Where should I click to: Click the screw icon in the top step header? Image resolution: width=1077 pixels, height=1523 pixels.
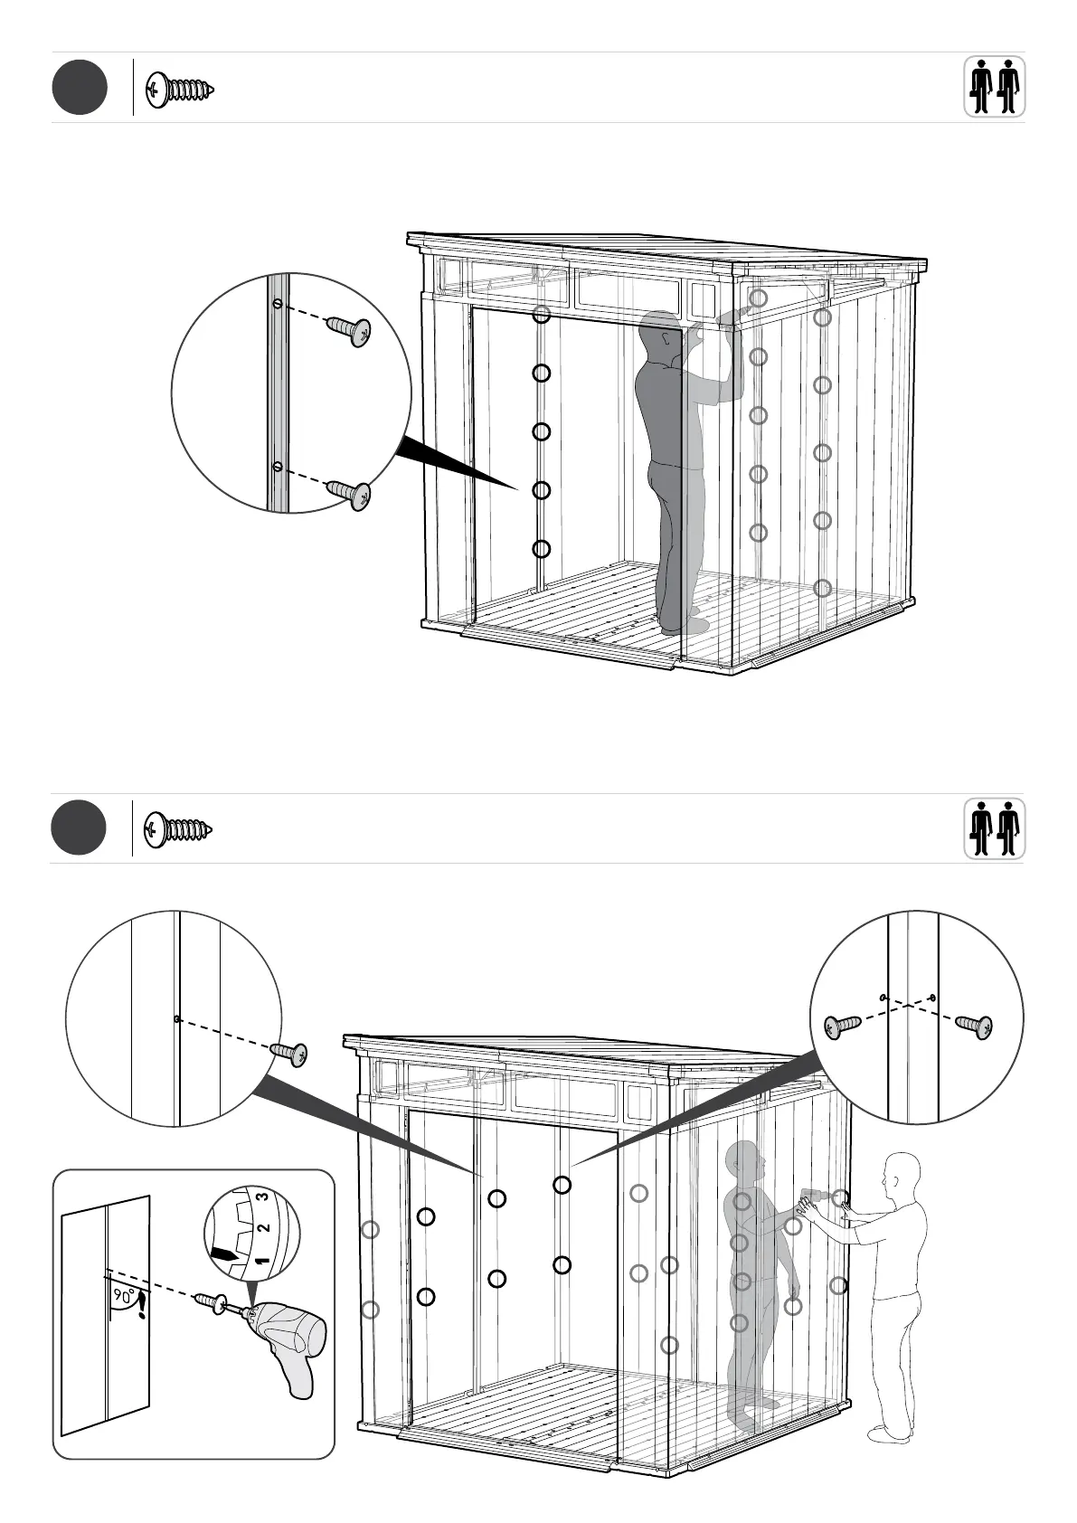click(181, 90)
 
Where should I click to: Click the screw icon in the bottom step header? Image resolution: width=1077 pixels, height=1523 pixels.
click(179, 828)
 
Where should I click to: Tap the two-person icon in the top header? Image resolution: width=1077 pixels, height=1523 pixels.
click(994, 87)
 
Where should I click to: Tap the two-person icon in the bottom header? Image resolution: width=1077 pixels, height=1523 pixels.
click(994, 828)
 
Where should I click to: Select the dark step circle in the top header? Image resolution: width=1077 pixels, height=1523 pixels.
click(80, 88)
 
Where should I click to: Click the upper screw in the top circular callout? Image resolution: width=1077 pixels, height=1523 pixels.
click(350, 331)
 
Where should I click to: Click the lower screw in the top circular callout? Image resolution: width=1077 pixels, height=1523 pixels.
click(350, 494)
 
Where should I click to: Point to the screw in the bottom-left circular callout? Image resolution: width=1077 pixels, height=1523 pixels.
click(289, 1054)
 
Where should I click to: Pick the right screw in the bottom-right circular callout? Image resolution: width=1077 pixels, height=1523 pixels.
click(974, 1026)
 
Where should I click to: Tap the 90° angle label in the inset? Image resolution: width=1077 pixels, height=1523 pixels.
click(122, 1295)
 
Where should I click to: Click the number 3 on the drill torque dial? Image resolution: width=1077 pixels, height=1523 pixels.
click(262, 1196)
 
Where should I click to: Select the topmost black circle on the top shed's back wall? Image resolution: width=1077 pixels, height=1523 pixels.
click(541, 315)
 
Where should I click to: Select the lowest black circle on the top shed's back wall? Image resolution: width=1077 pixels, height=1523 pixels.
click(541, 549)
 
